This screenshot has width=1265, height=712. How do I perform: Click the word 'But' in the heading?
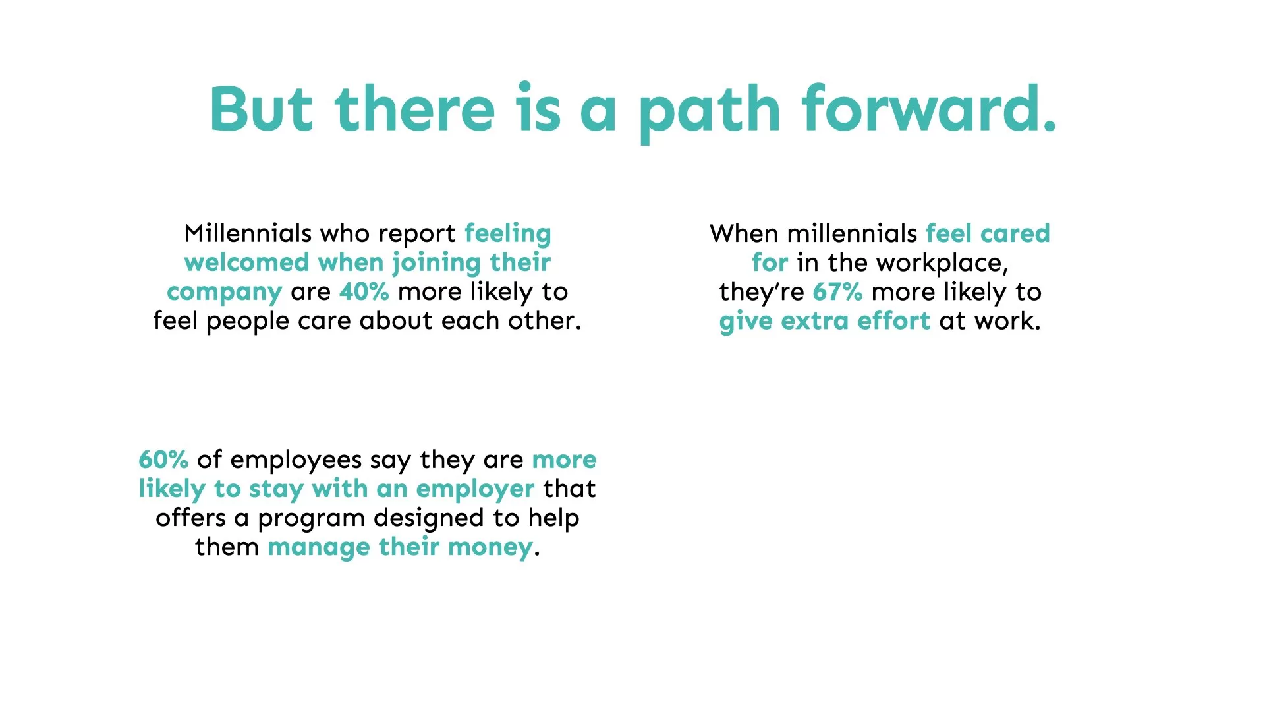(x=261, y=109)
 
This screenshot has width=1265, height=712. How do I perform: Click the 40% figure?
(x=364, y=291)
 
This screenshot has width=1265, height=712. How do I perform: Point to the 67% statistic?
(x=837, y=291)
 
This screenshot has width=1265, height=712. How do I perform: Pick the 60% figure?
(x=163, y=459)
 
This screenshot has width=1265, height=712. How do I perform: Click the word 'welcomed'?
(x=247, y=262)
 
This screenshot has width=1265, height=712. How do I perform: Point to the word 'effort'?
(x=893, y=321)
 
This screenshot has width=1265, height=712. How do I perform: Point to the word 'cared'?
(x=1015, y=233)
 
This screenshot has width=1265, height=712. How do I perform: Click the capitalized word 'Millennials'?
(x=248, y=233)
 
